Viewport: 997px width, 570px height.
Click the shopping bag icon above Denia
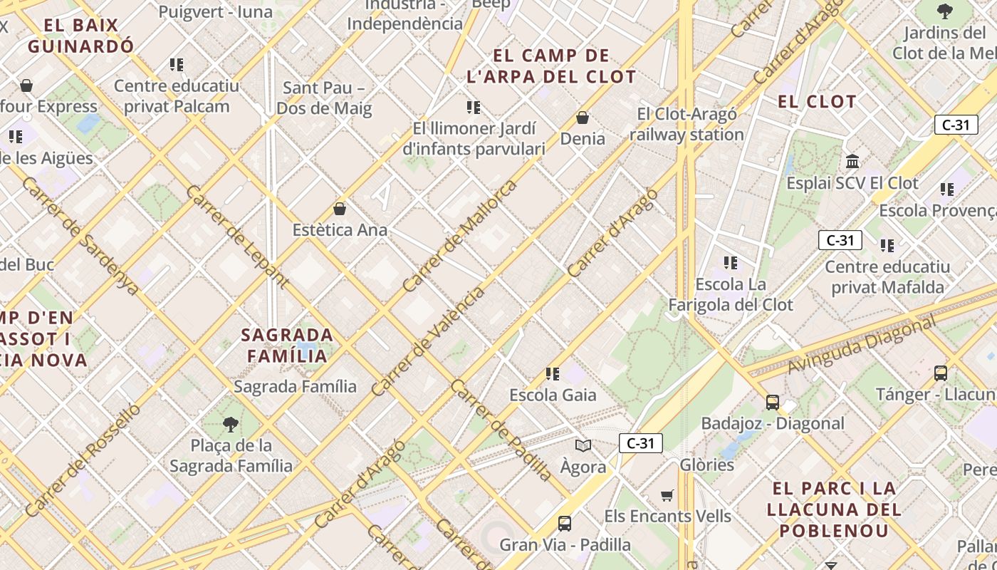coord(583,118)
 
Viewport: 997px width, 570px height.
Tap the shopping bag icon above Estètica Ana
coord(340,209)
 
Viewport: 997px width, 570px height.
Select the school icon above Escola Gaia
coord(552,373)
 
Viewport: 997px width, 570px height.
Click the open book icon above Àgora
coord(583,446)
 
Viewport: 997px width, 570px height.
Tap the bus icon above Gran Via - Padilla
coord(565,524)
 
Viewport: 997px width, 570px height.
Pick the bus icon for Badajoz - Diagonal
coord(773,403)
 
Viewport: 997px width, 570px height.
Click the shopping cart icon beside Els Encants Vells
coord(667,495)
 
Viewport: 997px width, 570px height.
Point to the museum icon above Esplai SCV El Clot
coord(852,161)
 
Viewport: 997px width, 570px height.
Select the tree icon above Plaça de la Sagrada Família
coord(230,425)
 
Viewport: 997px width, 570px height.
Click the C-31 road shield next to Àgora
coord(640,443)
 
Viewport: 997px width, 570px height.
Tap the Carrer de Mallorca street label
coord(459,236)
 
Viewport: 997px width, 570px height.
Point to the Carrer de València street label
coord(428,340)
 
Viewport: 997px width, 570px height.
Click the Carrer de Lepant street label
coord(237,236)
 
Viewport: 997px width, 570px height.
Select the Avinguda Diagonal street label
coord(862,344)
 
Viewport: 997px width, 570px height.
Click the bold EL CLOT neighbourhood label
coord(817,101)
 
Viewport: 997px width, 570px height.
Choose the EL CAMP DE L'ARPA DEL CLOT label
coord(551,66)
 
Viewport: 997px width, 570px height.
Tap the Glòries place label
coord(706,465)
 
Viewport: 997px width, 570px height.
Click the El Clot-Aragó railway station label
coord(687,124)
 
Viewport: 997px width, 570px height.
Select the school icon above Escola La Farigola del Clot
coord(730,263)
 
